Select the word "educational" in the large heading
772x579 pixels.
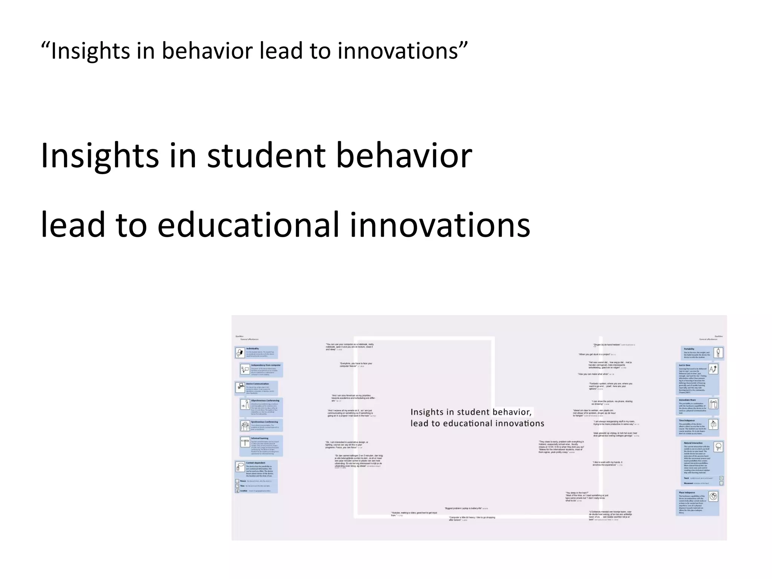tap(248, 225)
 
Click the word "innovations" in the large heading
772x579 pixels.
tap(440, 225)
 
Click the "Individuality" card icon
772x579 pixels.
tap(240, 353)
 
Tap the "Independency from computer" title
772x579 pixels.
tap(266, 365)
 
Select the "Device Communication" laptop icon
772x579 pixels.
tap(240, 387)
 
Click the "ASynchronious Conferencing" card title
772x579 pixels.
tap(265, 400)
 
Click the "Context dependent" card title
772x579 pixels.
tap(256, 463)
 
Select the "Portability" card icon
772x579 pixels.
tap(718, 353)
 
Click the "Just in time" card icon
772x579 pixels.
tap(713, 369)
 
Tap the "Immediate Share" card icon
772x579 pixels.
tap(713, 404)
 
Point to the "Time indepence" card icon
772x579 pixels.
tap(713, 424)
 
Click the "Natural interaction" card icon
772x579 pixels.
tap(718, 447)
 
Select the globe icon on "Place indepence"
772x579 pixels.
tap(713, 496)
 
